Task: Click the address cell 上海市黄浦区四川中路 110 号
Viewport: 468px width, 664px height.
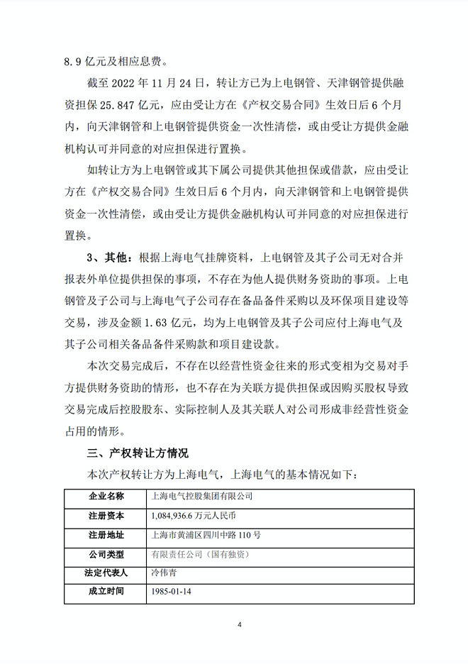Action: pyautogui.click(x=206, y=535)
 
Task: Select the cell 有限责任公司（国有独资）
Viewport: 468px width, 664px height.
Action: pyautogui.click(x=201, y=553)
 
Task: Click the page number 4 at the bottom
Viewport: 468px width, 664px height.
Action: pyautogui.click(x=240, y=625)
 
